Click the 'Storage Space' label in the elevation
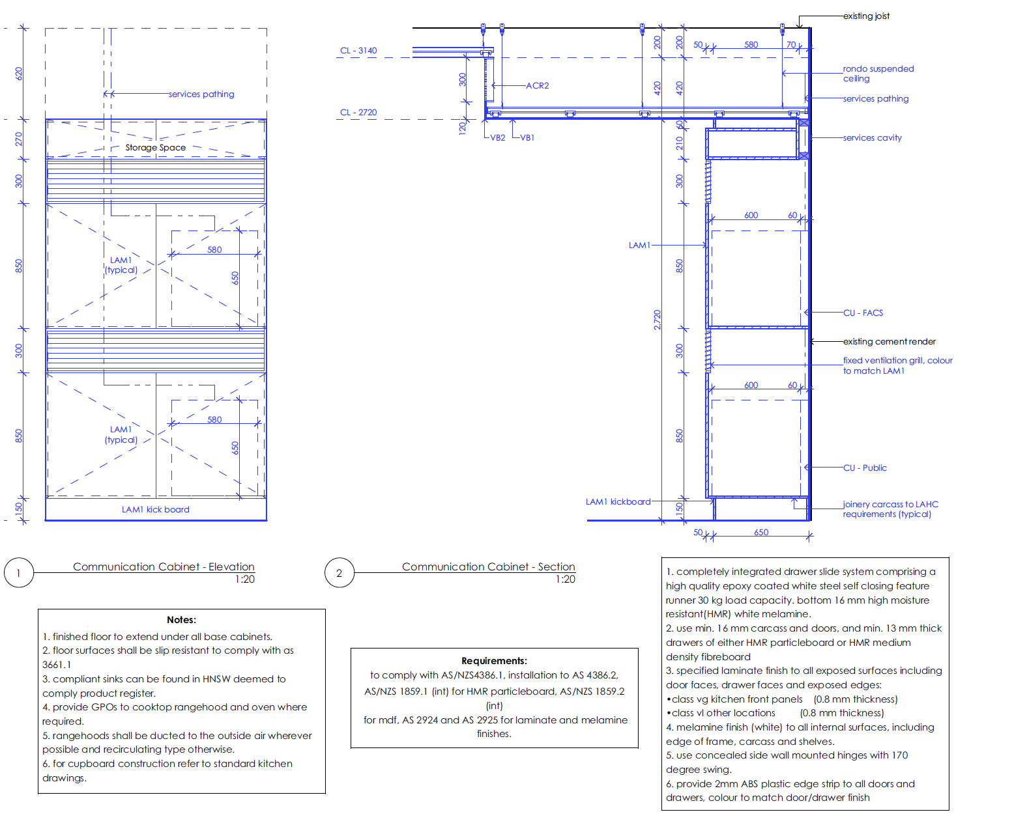(155, 148)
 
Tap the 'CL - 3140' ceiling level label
(358, 51)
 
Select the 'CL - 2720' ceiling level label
(358, 113)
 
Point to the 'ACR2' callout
(538, 86)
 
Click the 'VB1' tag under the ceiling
(527, 138)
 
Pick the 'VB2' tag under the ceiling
(498, 138)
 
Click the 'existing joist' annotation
(866, 16)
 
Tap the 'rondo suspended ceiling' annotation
(878, 74)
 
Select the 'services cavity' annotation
(872, 138)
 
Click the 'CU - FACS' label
(863, 313)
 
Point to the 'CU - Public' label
(865, 468)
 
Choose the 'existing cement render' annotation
(889, 342)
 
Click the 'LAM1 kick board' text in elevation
(155, 510)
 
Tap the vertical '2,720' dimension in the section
(657, 320)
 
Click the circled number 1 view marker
(18, 574)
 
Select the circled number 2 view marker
(339, 574)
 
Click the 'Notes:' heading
(181, 620)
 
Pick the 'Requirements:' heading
(494, 661)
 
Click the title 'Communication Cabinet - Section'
(488, 567)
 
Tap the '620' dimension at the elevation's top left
(19, 74)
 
